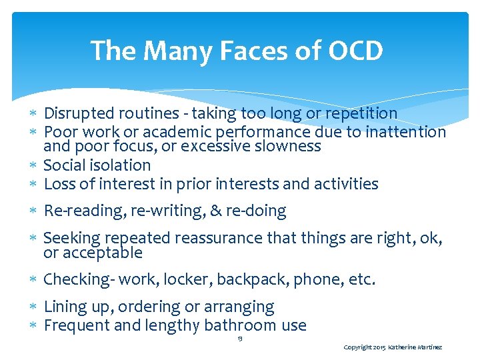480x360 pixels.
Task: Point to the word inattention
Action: [x=404, y=132]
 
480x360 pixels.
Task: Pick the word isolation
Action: [x=119, y=165]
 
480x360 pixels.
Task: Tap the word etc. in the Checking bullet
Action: [x=362, y=279]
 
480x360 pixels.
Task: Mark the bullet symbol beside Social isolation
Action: [x=36, y=165]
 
